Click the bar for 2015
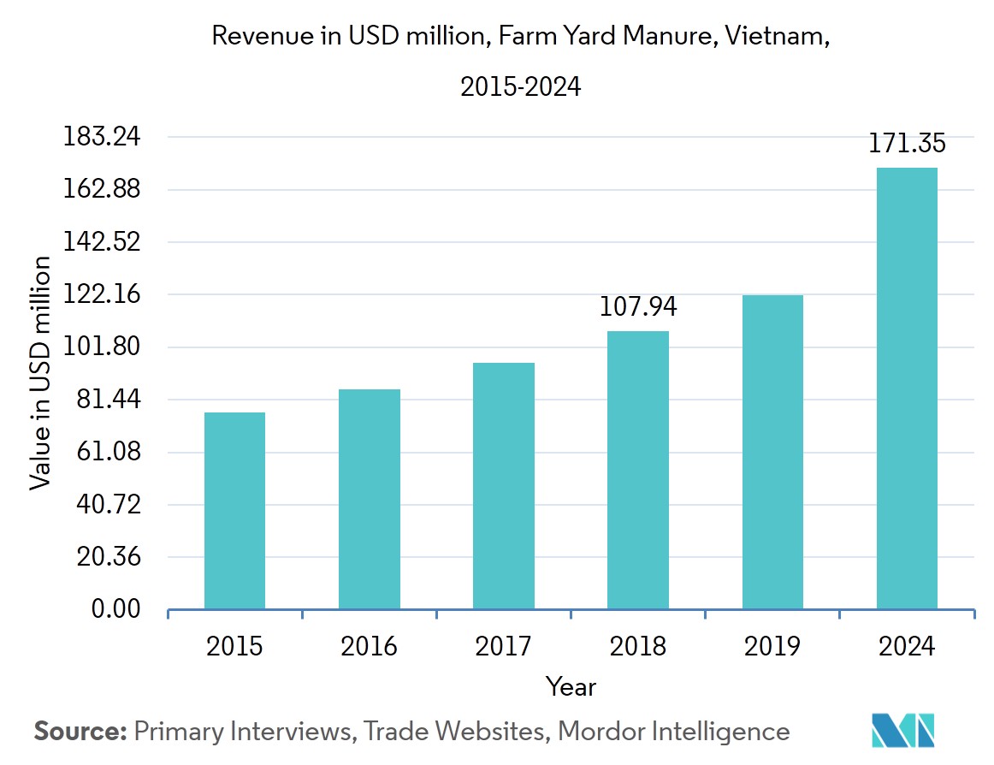pyautogui.click(x=234, y=511)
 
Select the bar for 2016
pyautogui.click(x=369, y=499)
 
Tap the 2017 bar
pyautogui.click(x=503, y=486)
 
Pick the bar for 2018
pyautogui.click(x=637, y=470)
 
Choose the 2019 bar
pyautogui.click(x=772, y=452)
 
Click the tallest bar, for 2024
pyautogui.click(x=907, y=388)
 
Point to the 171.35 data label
pyautogui.click(x=907, y=143)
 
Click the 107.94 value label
pyautogui.click(x=637, y=305)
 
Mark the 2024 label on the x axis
pyautogui.click(x=907, y=645)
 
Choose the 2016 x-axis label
pyautogui.click(x=369, y=645)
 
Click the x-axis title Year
pyautogui.click(x=571, y=686)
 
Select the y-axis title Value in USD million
pyautogui.click(x=40, y=372)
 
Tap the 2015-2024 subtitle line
pyautogui.click(x=520, y=86)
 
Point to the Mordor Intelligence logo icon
pyautogui.click(x=903, y=730)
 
